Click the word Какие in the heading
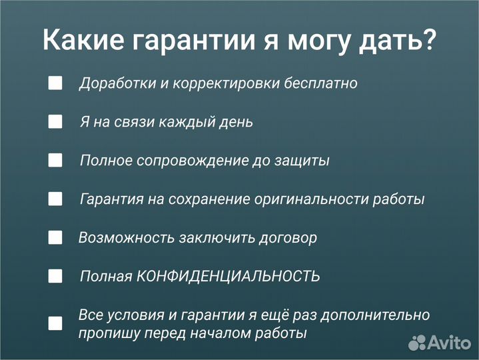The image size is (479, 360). pyautogui.click(x=84, y=41)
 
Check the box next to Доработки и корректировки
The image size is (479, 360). pyautogui.click(x=55, y=83)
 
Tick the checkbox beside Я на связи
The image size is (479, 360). pyautogui.click(x=55, y=122)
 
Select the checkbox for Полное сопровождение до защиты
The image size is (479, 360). pyautogui.click(x=55, y=161)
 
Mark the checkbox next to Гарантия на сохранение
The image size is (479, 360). pyautogui.click(x=55, y=199)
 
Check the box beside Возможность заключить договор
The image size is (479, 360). pyautogui.click(x=55, y=237)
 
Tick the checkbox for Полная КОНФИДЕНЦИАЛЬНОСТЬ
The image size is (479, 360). pyautogui.click(x=55, y=276)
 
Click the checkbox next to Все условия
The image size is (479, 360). pyautogui.click(x=55, y=323)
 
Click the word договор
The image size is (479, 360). pyautogui.click(x=288, y=238)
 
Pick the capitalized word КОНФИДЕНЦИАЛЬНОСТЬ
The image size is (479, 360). pyautogui.click(x=228, y=277)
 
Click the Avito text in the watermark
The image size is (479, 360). pyautogui.click(x=451, y=343)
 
